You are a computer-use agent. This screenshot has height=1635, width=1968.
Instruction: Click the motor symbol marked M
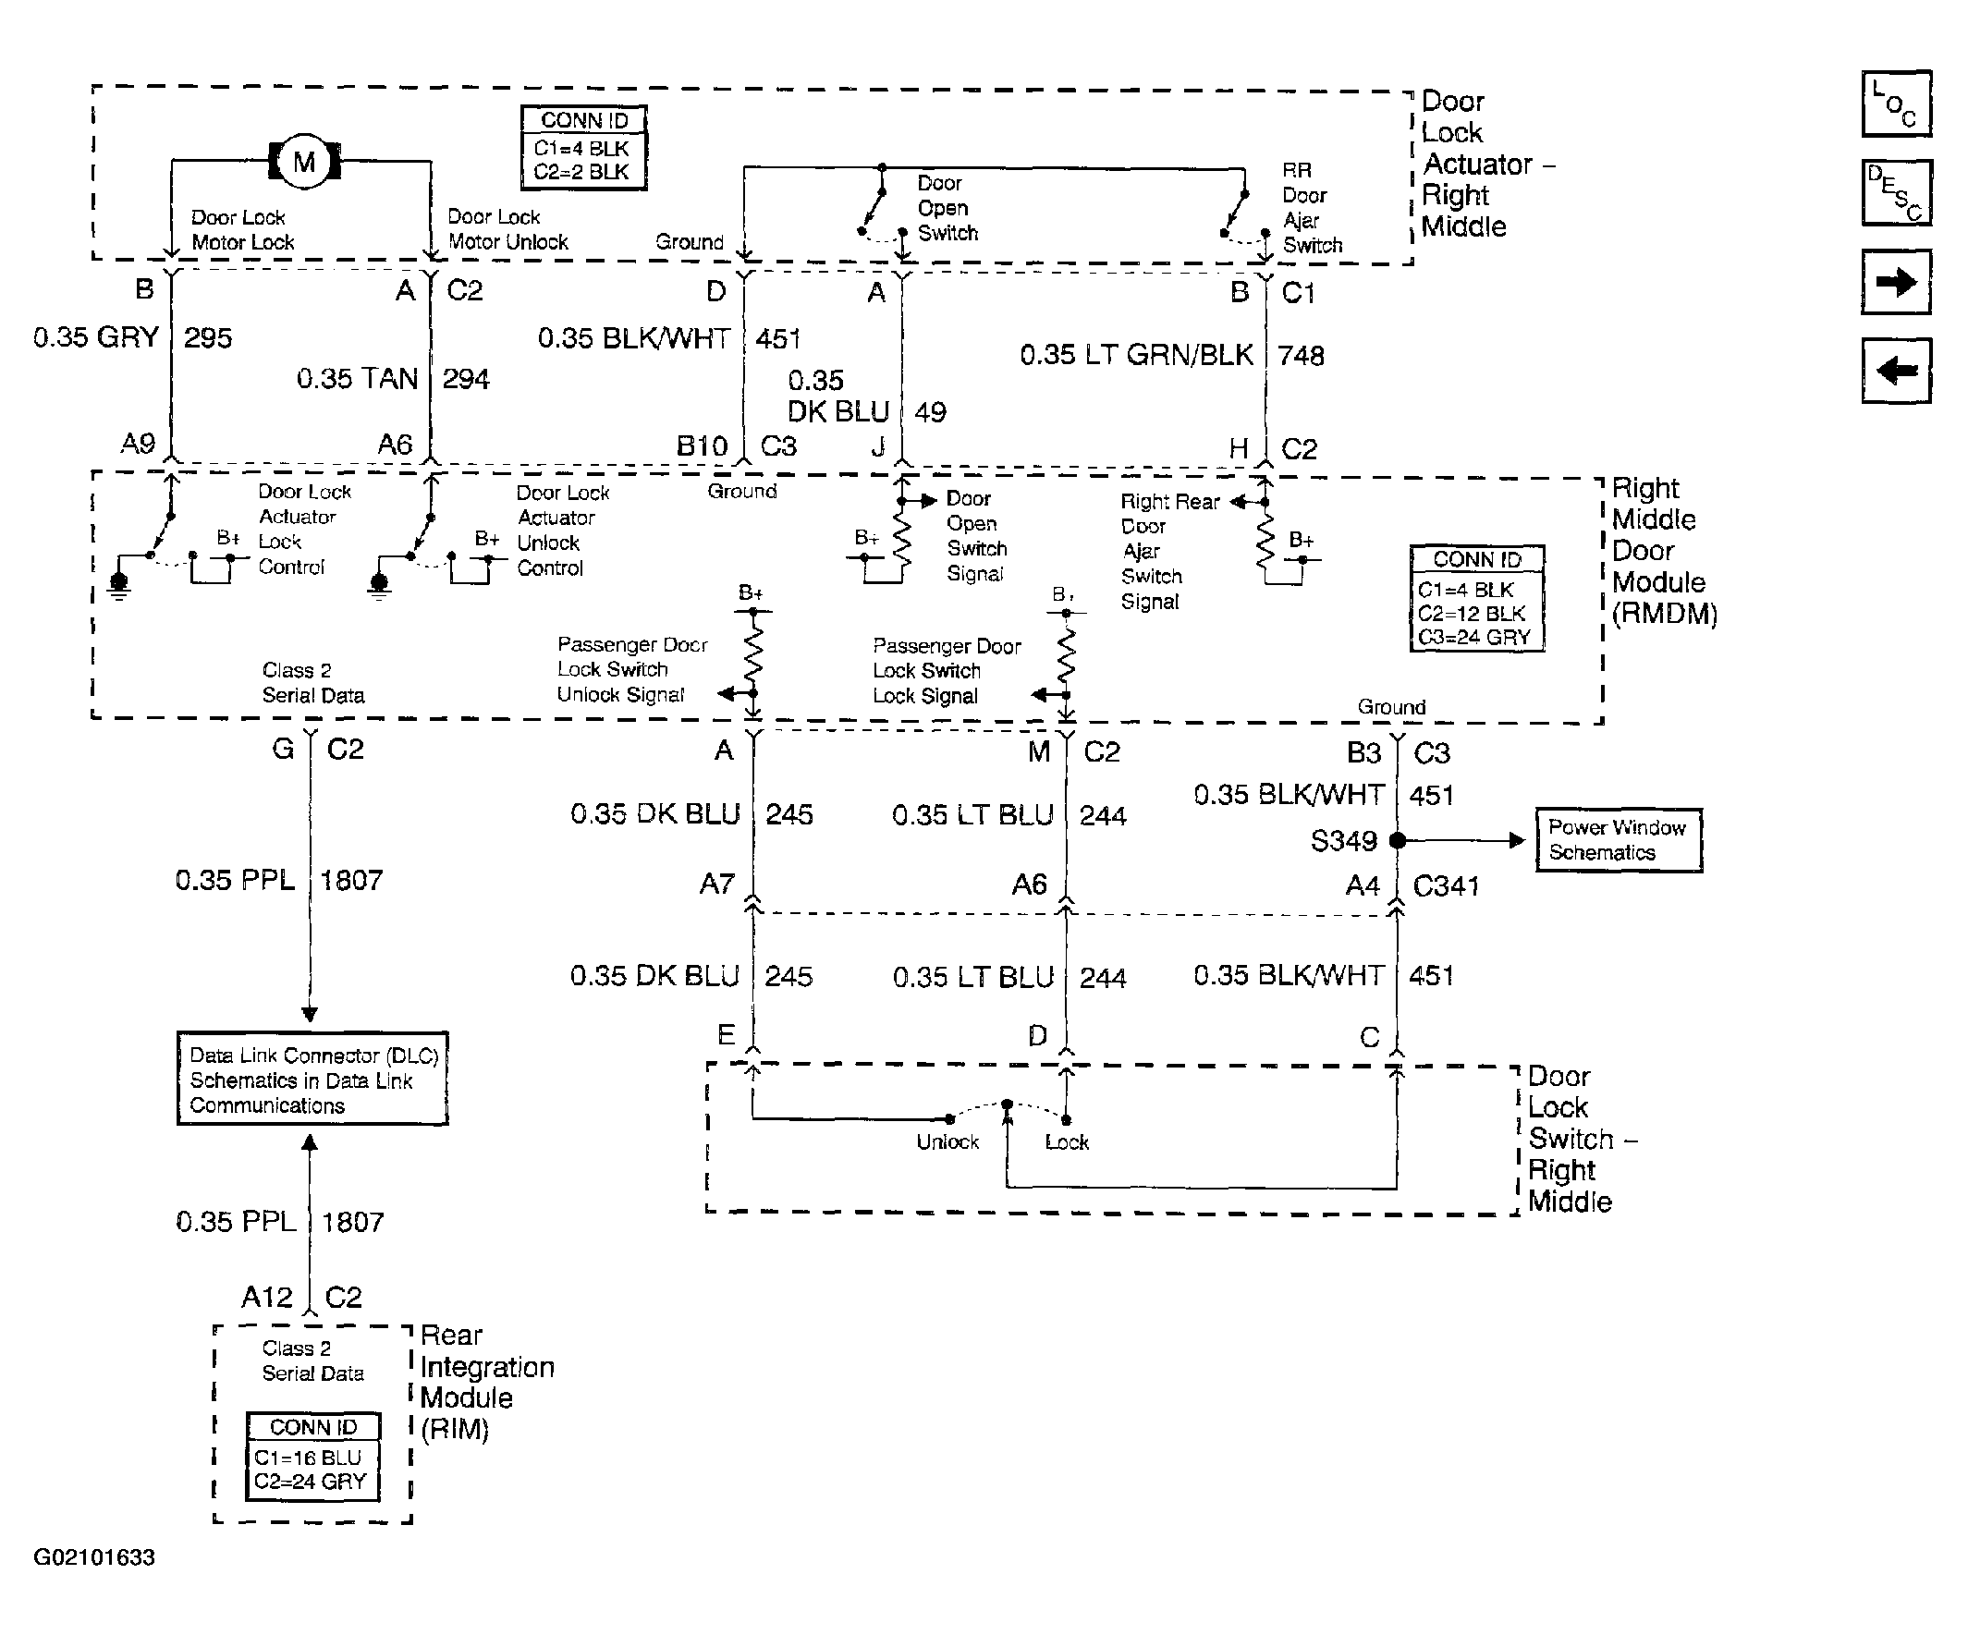[x=304, y=162]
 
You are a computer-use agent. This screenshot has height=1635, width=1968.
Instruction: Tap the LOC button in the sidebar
[x=1896, y=104]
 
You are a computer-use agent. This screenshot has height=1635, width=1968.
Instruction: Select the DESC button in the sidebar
[x=1896, y=193]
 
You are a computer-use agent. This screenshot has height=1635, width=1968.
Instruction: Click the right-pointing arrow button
[x=1896, y=282]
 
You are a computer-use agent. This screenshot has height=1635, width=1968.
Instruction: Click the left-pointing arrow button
[x=1896, y=371]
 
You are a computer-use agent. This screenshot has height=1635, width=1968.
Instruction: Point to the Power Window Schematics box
[x=1619, y=840]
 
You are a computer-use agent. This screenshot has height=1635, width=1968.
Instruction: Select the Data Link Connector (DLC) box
[x=312, y=1080]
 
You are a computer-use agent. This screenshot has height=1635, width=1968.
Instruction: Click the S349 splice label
[x=1343, y=841]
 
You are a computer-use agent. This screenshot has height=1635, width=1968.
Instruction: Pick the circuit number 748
[x=1301, y=356]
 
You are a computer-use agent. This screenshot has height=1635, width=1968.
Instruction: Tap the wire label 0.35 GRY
[x=95, y=337]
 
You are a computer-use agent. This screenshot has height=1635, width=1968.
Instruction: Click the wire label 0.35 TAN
[x=357, y=379]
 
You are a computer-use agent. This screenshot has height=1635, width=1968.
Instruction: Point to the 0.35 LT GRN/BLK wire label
[x=1136, y=355]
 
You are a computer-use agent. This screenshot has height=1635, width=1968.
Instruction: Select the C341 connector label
[x=1445, y=886]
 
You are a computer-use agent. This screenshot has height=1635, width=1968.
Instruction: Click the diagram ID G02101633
[x=93, y=1557]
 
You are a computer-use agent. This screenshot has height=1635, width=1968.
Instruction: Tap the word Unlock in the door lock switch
[x=947, y=1142]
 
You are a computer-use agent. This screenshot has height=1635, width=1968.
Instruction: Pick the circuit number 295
[x=207, y=337]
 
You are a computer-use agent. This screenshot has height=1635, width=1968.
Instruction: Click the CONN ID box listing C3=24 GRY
[x=1477, y=599]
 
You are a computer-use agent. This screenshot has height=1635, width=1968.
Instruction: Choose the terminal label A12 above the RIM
[x=267, y=1298]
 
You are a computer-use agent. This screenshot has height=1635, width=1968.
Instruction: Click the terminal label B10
[x=702, y=446]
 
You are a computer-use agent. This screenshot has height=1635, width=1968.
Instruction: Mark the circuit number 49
[x=930, y=412]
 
